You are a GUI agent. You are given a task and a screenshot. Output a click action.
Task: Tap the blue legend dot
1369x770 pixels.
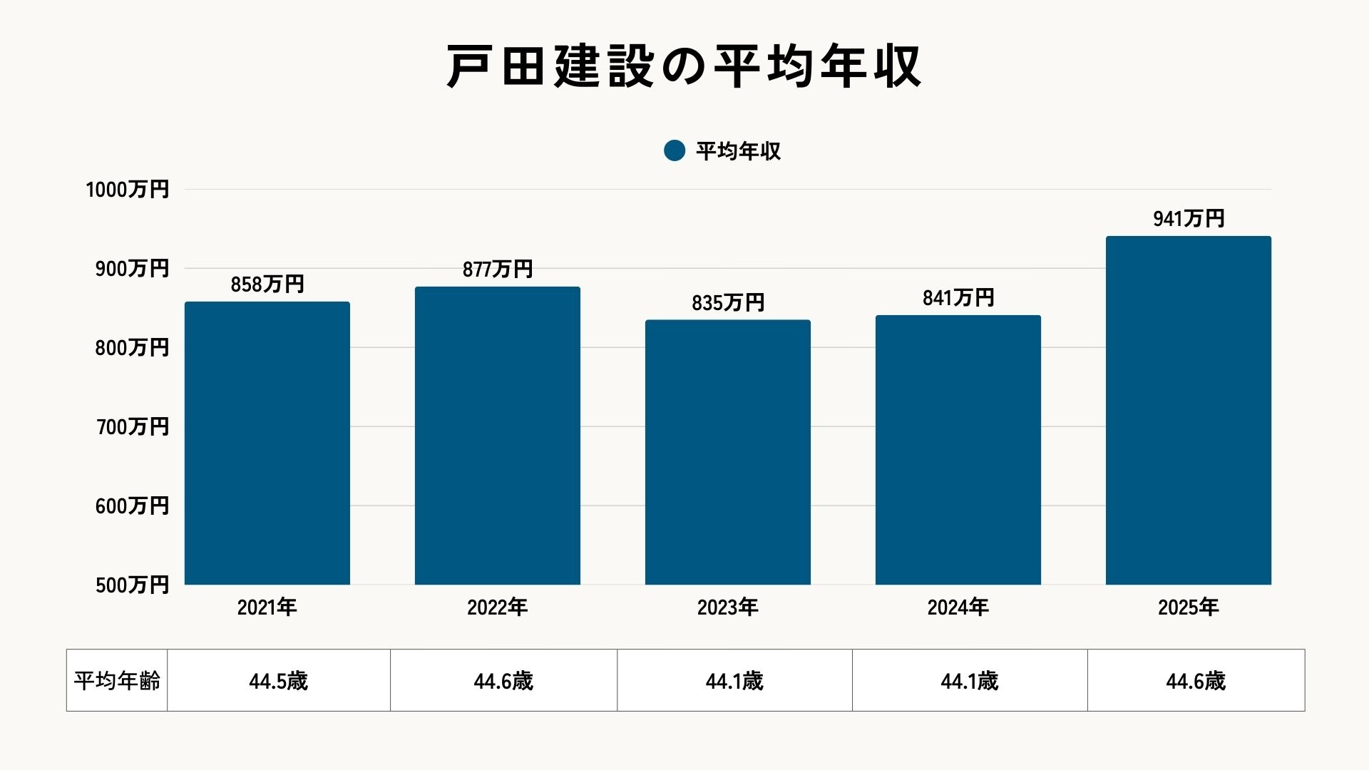(x=675, y=150)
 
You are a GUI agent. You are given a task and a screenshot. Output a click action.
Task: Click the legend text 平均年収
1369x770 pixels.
(x=738, y=151)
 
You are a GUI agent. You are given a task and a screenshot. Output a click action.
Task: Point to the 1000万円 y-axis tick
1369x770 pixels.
(x=128, y=190)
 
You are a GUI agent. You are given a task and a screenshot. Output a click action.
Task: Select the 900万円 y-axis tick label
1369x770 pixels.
(x=132, y=269)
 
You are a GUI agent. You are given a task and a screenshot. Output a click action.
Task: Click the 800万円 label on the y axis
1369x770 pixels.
(x=132, y=348)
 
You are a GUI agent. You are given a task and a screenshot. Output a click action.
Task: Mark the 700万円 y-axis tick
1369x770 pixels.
(x=132, y=427)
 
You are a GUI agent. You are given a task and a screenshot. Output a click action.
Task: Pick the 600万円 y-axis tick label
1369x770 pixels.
(x=132, y=506)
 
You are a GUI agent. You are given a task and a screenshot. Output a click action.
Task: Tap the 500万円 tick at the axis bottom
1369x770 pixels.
(x=132, y=585)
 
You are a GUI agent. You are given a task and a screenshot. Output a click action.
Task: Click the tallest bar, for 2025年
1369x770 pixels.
(x=1188, y=411)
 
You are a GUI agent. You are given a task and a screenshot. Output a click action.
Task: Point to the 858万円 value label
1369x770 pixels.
(x=267, y=284)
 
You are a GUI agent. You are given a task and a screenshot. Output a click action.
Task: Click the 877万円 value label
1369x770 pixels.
(x=498, y=269)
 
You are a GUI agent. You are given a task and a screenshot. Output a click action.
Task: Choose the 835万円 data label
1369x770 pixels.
(x=728, y=303)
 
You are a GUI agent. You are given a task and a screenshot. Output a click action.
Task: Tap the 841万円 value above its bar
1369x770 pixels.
(x=958, y=298)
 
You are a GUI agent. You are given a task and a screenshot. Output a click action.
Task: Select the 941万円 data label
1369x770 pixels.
(x=1189, y=219)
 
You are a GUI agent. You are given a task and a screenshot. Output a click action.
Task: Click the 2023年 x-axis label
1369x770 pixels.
(x=728, y=607)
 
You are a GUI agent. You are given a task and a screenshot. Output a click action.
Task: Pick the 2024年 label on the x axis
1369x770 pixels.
(x=958, y=607)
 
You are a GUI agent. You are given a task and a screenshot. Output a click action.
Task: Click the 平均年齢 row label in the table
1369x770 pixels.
(x=118, y=681)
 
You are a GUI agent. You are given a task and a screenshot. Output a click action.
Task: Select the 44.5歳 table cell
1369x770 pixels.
(x=279, y=682)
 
